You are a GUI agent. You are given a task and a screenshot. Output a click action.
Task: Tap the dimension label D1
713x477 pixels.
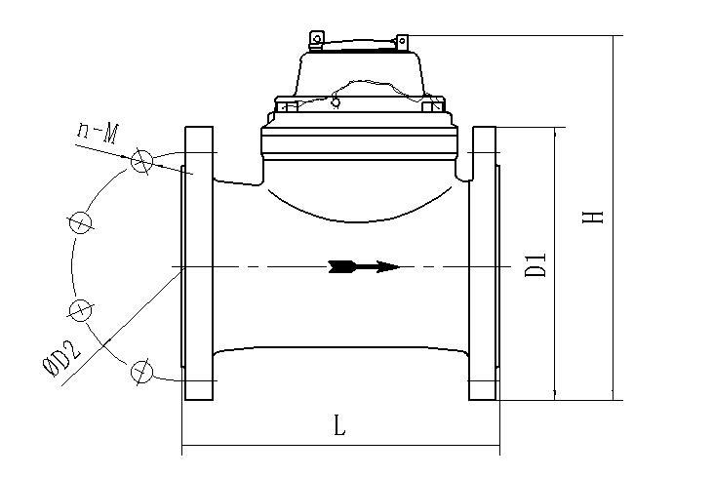[535, 265]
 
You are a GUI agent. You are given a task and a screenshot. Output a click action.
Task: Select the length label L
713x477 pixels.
[338, 426]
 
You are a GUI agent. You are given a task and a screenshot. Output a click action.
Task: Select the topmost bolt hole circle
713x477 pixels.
[142, 163]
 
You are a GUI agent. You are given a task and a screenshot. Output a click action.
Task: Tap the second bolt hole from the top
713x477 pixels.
[81, 222]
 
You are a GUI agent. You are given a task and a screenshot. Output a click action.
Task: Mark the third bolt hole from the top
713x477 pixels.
[80, 309]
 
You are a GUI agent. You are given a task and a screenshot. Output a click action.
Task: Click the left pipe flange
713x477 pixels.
[198, 263]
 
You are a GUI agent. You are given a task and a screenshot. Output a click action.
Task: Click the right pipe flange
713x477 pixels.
[485, 263]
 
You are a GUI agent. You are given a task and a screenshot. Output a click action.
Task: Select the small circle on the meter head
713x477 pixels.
[337, 101]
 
